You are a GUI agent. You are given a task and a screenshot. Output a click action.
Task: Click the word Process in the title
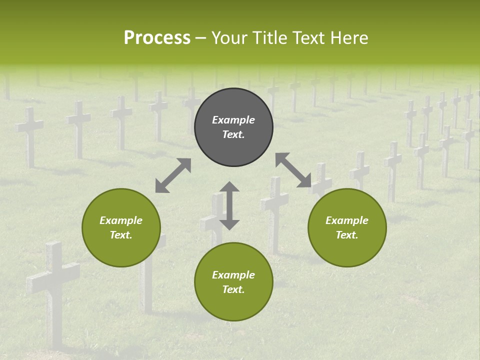point(157,38)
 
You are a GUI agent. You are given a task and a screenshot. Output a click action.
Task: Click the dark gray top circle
point(233,127)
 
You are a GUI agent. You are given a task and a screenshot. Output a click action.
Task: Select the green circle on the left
point(121,227)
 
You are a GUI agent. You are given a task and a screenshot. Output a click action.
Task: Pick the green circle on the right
point(347,227)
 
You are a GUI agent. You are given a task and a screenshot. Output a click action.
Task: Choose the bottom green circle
point(233,282)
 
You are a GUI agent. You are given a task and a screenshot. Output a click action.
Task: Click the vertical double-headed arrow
point(229,205)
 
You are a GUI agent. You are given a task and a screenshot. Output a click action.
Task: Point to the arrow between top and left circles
point(173,175)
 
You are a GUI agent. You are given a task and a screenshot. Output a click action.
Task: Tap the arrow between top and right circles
point(293,170)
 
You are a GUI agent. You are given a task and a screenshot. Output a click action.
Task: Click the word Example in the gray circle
point(233,120)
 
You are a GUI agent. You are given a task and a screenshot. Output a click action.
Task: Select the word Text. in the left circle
point(121,235)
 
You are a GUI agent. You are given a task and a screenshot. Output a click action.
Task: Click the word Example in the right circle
point(347,220)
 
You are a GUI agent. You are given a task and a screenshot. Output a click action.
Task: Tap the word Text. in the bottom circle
point(233,289)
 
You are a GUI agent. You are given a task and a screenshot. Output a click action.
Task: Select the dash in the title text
point(201,38)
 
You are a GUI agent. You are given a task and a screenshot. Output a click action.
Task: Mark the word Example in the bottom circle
point(233,275)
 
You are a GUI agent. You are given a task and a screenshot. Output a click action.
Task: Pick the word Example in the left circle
point(121,220)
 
